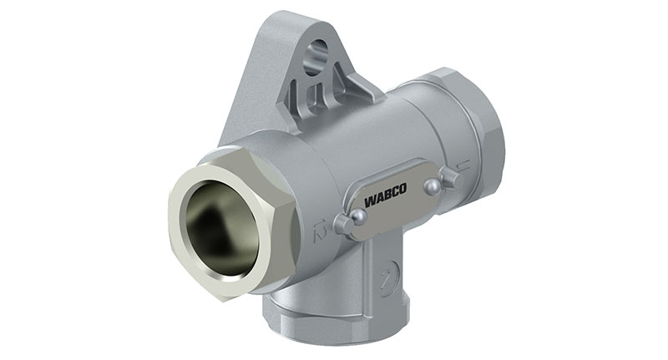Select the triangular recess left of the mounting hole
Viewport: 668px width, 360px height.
point(296,93)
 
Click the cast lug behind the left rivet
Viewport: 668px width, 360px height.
point(340,224)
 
